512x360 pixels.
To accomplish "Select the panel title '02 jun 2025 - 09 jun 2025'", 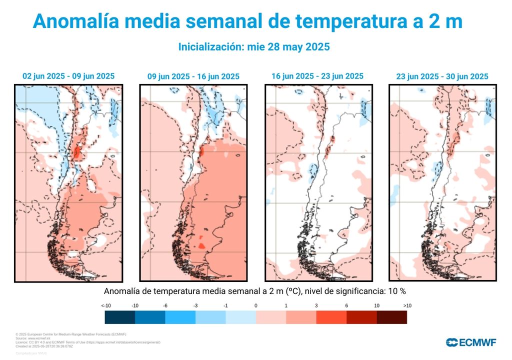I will click(x=68, y=76).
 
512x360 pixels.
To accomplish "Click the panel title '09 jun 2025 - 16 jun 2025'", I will click(x=193, y=76).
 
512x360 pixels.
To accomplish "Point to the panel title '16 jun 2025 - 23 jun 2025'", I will click(x=317, y=76).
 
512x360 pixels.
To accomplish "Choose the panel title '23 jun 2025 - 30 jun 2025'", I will click(x=442, y=76).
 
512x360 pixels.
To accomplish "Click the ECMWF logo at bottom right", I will click(x=471, y=342).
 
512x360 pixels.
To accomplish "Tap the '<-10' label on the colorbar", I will click(x=105, y=305).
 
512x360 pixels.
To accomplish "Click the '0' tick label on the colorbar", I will click(x=255, y=305).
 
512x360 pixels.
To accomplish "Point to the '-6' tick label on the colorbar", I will click(x=165, y=305).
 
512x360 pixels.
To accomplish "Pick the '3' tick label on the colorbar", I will click(x=316, y=305).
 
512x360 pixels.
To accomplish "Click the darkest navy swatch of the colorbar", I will click(x=120, y=317).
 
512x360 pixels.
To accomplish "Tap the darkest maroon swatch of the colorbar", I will click(x=391, y=317).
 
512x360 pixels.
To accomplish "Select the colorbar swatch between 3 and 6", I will click(x=331, y=317).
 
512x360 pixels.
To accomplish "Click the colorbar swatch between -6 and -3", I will click(x=180, y=317).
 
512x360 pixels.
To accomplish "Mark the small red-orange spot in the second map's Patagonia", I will click(x=202, y=245).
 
